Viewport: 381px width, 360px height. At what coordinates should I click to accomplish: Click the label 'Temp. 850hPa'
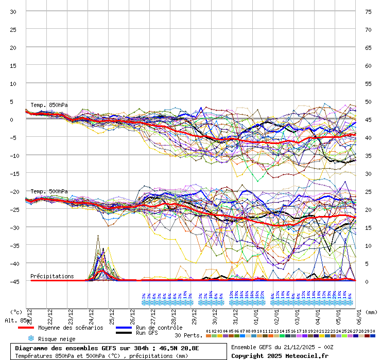49,105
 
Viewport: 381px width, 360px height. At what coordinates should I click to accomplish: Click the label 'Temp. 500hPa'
49,191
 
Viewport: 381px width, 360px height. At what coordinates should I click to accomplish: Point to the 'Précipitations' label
52,276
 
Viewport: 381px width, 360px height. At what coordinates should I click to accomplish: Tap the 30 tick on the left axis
13,11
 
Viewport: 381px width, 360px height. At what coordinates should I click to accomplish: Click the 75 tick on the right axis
368,11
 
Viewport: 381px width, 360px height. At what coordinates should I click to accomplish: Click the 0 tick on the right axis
367,281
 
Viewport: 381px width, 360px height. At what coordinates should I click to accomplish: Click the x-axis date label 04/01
318,314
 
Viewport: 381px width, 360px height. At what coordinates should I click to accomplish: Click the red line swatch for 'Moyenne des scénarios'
26,328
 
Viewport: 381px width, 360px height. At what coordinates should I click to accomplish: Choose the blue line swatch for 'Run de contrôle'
124,328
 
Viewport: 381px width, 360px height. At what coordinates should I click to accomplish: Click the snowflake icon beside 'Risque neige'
30,338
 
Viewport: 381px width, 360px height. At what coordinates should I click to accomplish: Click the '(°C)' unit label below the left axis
16,312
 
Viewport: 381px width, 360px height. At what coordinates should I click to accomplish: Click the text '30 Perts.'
188,335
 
